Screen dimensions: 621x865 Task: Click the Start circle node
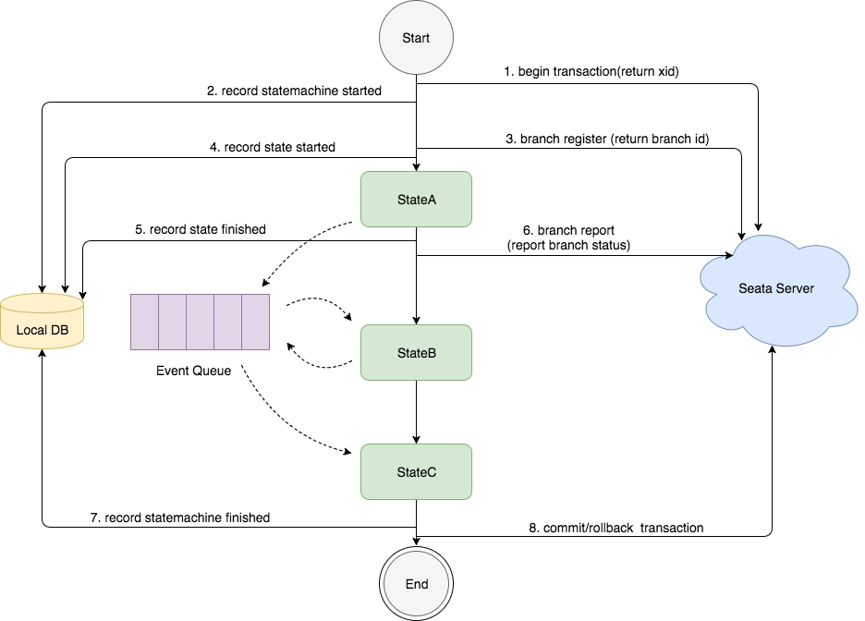tap(416, 38)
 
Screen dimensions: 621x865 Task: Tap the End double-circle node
tap(417, 584)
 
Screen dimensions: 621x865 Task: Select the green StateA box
tap(416, 198)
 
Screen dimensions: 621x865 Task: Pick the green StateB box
tap(416, 353)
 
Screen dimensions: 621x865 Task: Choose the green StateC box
tap(416, 472)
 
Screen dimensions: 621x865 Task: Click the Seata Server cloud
tap(776, 288)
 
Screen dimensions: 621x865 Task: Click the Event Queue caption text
tap(194, 372)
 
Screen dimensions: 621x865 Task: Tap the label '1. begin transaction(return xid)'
tap(591, 71)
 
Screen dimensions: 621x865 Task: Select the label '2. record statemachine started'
tap(294, 91)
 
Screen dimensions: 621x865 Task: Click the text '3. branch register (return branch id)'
tap(607, 139)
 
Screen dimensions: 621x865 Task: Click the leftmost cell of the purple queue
tap(144, 322)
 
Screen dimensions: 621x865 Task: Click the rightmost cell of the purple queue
tap(255, 322)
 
